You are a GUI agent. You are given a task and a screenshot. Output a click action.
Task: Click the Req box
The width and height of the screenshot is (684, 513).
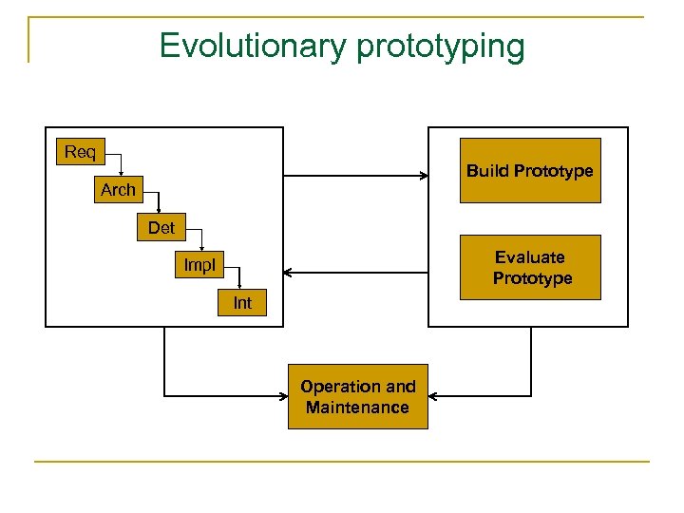click(80, 152)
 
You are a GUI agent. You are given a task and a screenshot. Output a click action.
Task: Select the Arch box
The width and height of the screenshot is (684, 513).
click(118, 190)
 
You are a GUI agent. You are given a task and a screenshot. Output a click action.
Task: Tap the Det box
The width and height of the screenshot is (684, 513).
click(161, 228)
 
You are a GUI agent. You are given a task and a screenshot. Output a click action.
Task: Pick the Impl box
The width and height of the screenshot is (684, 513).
click(199, 266)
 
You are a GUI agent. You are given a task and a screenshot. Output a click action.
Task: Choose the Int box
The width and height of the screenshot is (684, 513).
click(242, 303)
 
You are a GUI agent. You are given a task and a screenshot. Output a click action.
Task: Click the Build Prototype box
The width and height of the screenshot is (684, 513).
click(530, 171)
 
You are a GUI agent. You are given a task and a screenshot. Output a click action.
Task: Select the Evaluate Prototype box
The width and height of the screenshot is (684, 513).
click(530, 268)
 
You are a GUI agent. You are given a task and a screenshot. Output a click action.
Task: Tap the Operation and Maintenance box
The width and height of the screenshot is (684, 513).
click(358, 397)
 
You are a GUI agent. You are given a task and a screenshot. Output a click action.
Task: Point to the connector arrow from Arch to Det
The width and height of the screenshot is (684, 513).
click(159, 201)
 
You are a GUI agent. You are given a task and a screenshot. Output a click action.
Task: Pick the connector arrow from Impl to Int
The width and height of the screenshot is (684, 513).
click(239, 277)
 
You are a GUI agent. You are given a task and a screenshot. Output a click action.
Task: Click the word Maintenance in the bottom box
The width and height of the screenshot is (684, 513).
click(358, 408)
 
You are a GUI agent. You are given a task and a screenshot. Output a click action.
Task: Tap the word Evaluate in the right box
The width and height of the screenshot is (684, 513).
click(530, 257)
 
